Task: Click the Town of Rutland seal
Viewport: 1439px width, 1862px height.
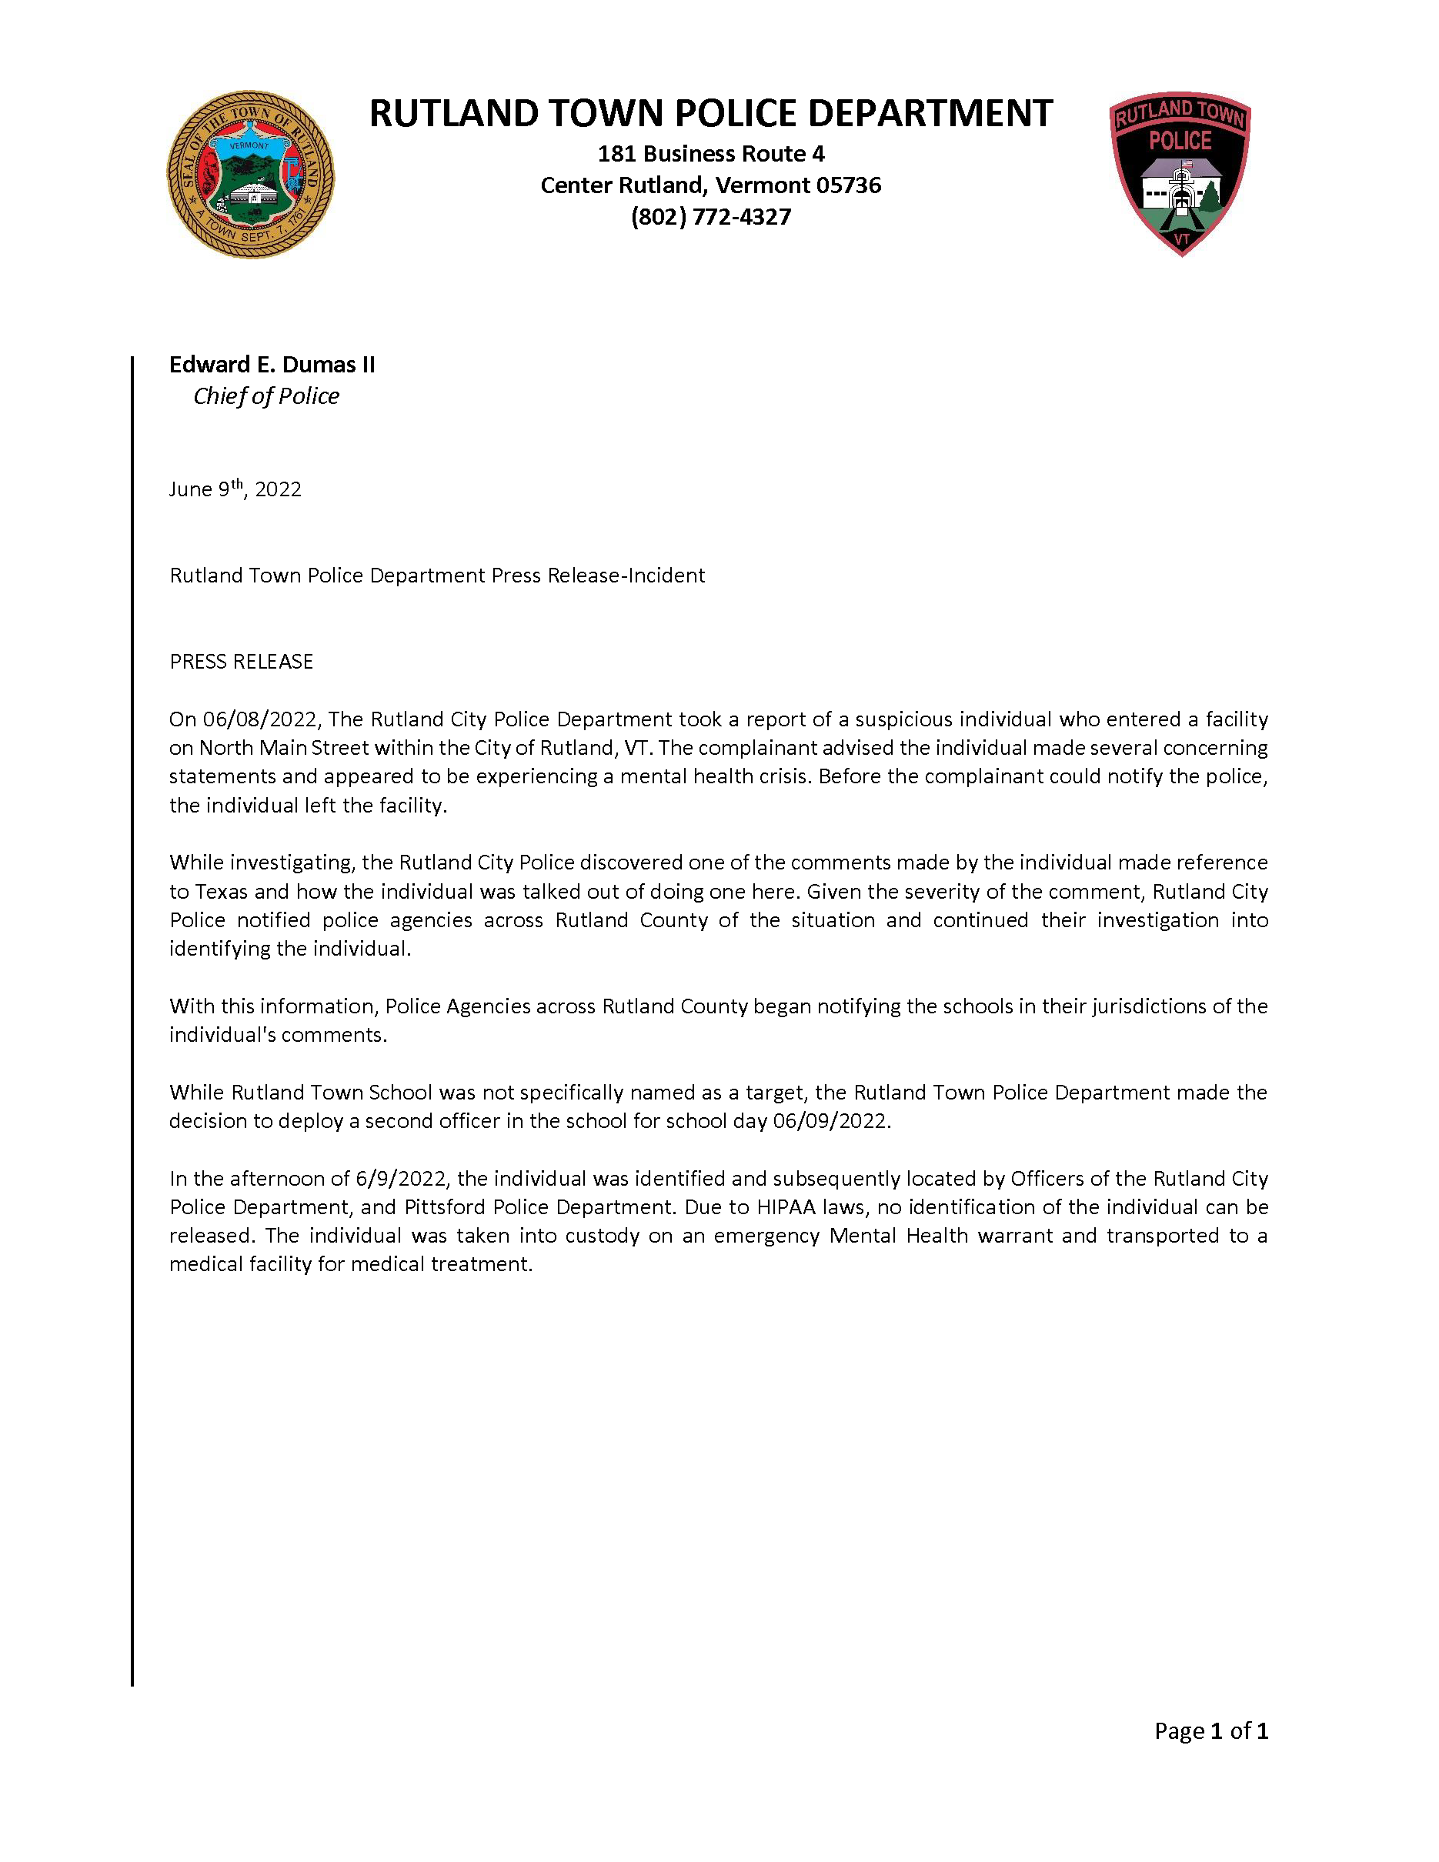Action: pos(250,175)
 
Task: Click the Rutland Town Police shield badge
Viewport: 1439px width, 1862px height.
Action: pos(1180,173)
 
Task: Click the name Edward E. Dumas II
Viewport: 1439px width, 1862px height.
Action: pos(272,365)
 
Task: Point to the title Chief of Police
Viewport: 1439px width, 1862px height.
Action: pos(266,396)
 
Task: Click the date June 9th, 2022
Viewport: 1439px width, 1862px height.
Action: pos(235,489)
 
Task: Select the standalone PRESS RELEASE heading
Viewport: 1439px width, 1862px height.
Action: pos(242,662)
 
